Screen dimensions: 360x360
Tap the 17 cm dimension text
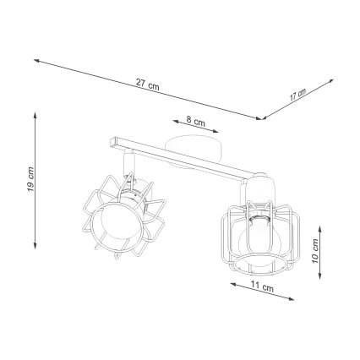[x=297, y=94]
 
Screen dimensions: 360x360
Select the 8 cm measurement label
[x=194, y=121]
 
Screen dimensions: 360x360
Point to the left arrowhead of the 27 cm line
[x=36, y=59]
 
